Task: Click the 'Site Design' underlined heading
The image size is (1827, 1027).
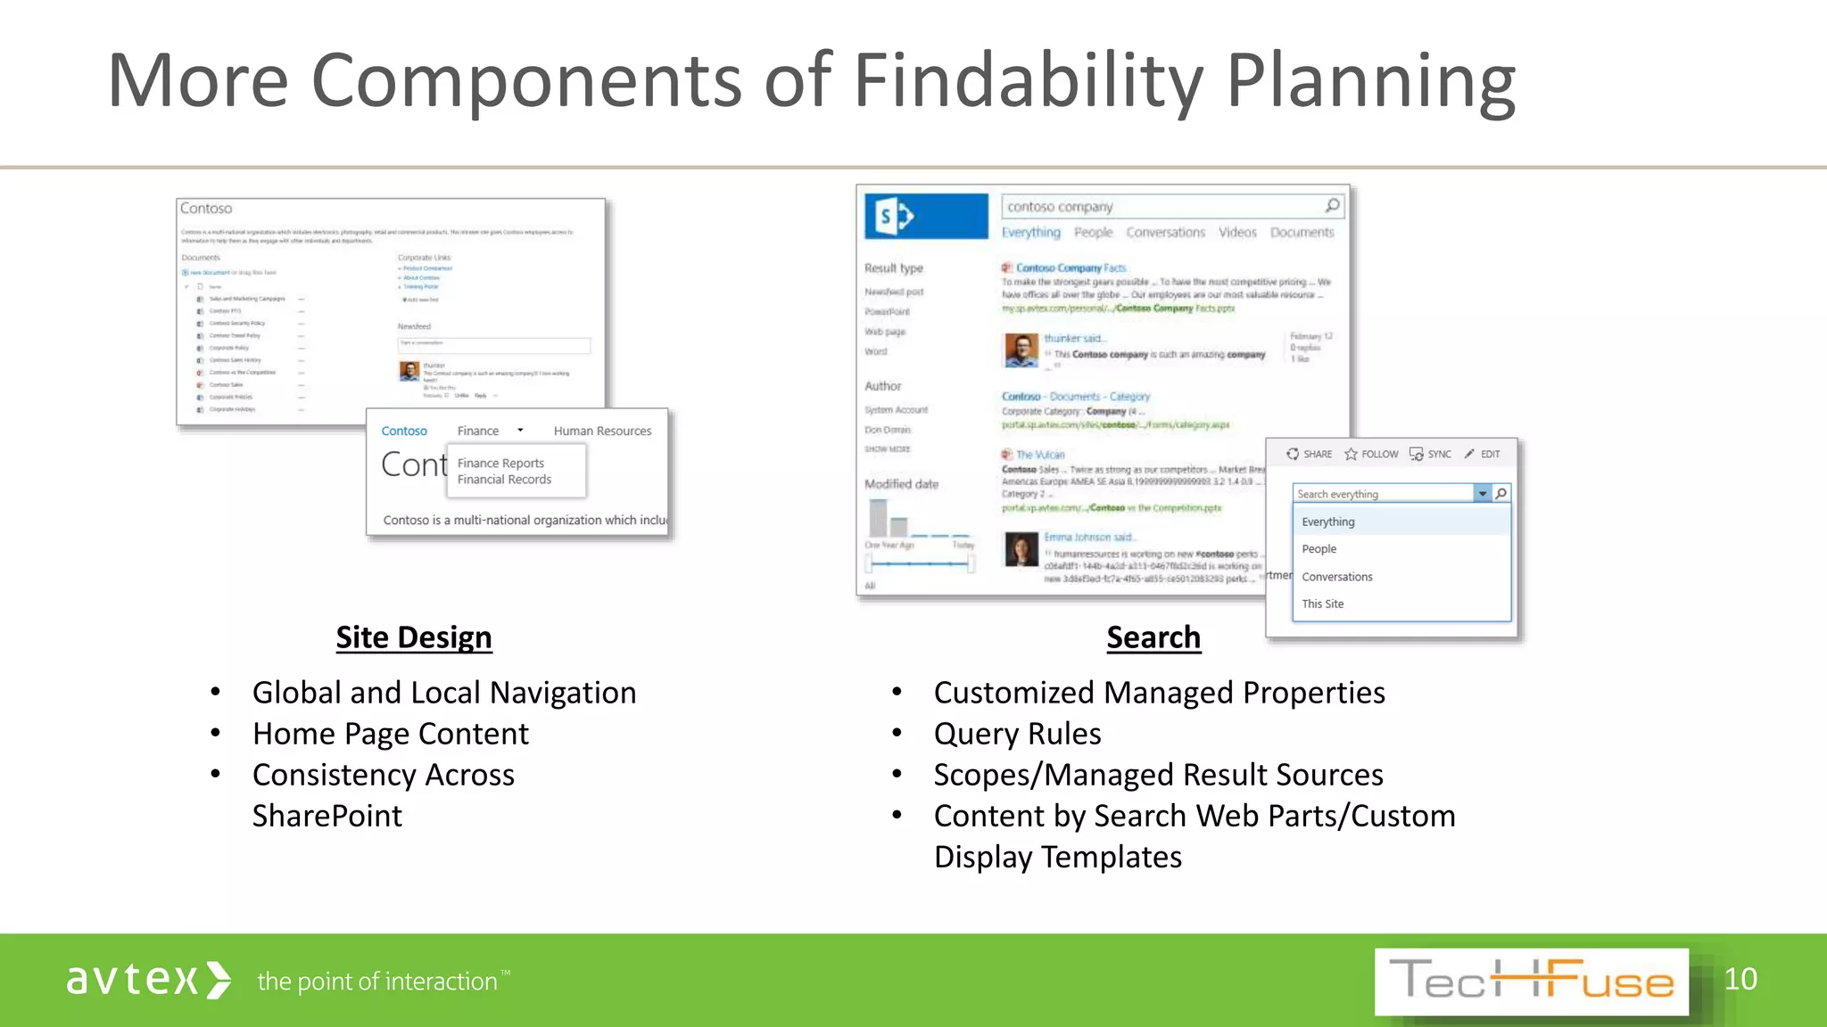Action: pos(413,637)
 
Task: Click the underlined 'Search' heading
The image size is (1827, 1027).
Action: pos(1153,637)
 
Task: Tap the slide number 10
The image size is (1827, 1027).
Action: pos(1740,979)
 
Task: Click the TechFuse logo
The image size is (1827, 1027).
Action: pos(1531,982)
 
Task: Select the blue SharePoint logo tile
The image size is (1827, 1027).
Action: pos(926,216)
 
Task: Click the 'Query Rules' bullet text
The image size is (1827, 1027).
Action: pos(1017,734)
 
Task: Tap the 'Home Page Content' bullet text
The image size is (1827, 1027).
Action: pos(390,734)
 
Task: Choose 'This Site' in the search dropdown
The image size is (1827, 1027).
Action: pos(1322,604)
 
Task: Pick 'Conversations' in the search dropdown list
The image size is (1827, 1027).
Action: pos(1336,577)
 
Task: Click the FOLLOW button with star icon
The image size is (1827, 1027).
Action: pos(1372,454)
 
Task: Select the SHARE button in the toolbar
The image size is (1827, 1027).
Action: pos(1309,454)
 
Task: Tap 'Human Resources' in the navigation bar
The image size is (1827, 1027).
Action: pos(602,431)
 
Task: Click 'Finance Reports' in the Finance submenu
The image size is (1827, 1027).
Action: pos(500,464)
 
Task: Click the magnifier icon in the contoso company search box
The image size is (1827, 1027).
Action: pos(1332,206)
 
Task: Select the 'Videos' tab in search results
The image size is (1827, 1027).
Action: pos(1237,233)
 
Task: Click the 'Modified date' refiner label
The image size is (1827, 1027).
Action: pos(901,484)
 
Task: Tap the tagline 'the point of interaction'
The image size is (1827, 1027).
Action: pos(377,982)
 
